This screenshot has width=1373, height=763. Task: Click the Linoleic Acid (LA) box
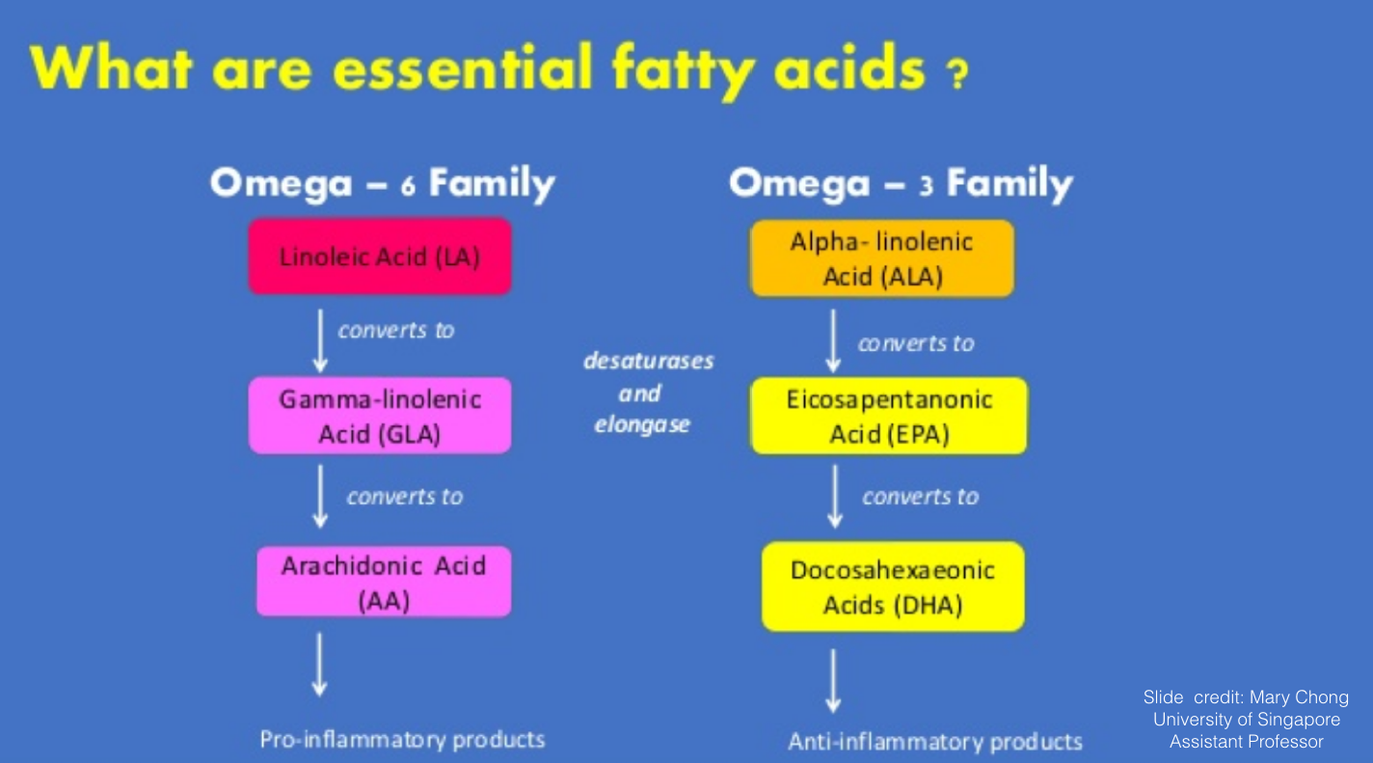point(380,256)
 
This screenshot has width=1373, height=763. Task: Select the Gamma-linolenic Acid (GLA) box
point(380,415)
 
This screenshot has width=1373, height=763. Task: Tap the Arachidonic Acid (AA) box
point(384,581)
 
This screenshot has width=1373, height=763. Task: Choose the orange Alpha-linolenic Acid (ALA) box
point(882,258)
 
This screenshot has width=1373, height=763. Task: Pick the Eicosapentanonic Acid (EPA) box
point(889,416)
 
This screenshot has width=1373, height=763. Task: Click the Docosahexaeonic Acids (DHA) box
point(893,586)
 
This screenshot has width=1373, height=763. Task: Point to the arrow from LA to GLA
point(320,341)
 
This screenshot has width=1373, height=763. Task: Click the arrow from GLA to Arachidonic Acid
point(320,496)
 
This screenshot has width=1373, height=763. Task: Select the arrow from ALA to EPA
point(833,341)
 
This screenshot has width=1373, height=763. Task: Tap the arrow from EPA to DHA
point(835,496)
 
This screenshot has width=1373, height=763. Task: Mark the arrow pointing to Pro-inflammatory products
point(319,665)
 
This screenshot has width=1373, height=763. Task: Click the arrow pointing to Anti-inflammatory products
point(833,681)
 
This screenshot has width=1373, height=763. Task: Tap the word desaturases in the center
point(649,360)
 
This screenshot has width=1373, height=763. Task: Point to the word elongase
point(642,425)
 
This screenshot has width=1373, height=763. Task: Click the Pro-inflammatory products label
point(402,740)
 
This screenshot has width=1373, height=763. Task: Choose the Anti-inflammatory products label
point(935,742)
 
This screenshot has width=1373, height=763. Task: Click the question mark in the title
point(957,74)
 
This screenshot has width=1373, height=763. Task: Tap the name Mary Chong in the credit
point(1300,697)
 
